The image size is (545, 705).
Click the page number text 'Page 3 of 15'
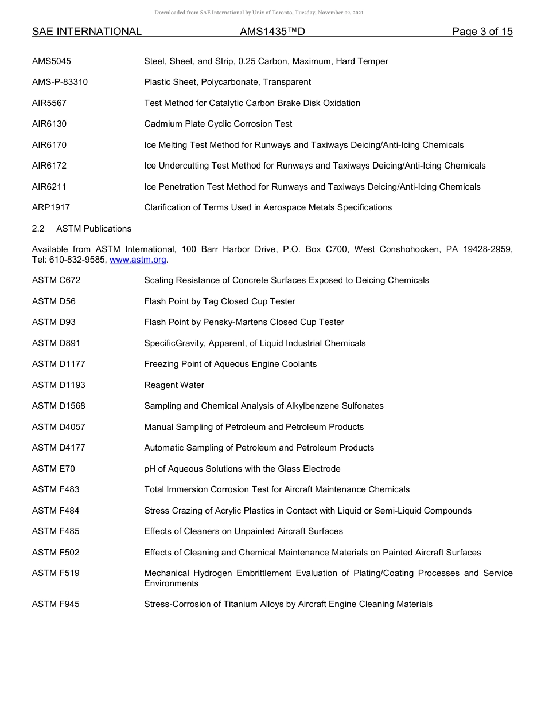point(482,32)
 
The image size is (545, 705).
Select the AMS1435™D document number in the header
point(272,32)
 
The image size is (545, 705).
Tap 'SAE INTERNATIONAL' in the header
point(87,32)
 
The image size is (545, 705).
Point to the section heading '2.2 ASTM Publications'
point(81,229)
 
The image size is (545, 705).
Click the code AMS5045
point(52,61)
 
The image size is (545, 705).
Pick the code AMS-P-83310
point(60,82)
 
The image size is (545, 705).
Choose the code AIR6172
point(49,166)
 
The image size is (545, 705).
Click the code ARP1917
point(51,207)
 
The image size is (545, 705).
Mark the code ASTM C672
point(56,280)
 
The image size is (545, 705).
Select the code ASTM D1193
point(59,385)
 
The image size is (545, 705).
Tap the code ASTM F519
point(56,573)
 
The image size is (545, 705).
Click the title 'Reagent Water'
point(174,385)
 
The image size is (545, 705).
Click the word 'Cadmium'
point(161,124)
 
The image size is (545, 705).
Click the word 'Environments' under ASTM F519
point(171,583)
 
